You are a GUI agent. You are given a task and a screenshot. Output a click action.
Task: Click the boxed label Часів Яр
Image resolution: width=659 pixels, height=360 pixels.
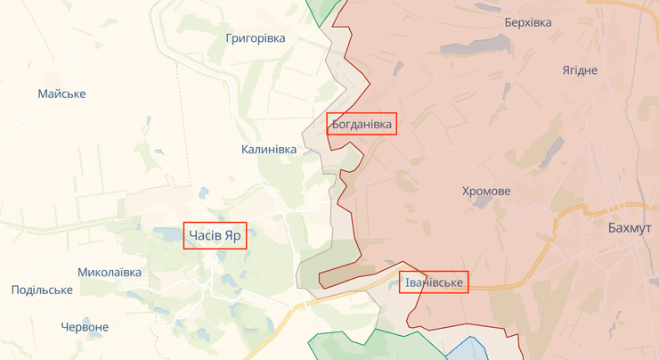(215, 235)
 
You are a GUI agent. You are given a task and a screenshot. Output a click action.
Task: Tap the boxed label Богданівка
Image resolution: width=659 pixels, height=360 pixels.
(362, 124)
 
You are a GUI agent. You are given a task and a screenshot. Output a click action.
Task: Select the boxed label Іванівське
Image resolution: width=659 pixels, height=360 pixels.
(434, 282)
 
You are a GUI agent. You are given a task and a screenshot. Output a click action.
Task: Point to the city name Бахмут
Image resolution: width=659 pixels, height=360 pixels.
(629, 228)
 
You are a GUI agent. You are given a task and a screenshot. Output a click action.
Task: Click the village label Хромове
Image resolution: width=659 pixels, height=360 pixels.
(486, 192)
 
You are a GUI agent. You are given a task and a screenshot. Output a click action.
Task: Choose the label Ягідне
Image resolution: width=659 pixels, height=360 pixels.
(580, 70)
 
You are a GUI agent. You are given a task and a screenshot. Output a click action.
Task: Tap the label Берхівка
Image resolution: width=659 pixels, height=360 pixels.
(527, 21)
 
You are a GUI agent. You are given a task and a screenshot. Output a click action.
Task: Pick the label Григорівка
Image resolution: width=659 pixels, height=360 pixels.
(256, 38)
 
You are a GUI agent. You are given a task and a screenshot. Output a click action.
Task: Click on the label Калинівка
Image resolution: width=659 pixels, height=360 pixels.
(269, 149)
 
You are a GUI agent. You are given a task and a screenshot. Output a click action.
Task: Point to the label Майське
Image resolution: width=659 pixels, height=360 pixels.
(61, 94)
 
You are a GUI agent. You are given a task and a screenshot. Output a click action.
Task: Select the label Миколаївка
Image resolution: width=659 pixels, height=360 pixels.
(110, 271)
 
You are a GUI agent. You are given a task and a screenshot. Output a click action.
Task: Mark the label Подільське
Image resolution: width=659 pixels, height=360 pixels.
(42, 290)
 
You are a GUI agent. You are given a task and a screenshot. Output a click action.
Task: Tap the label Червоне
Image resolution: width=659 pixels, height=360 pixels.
(85, 327)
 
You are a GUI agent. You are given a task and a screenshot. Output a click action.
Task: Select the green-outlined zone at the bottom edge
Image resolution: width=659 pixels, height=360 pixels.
(356, 346)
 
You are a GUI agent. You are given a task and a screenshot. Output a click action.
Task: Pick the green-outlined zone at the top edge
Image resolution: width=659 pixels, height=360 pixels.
(322, 11)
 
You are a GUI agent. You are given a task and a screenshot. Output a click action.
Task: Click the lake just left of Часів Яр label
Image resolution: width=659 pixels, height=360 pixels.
(167, 233)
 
